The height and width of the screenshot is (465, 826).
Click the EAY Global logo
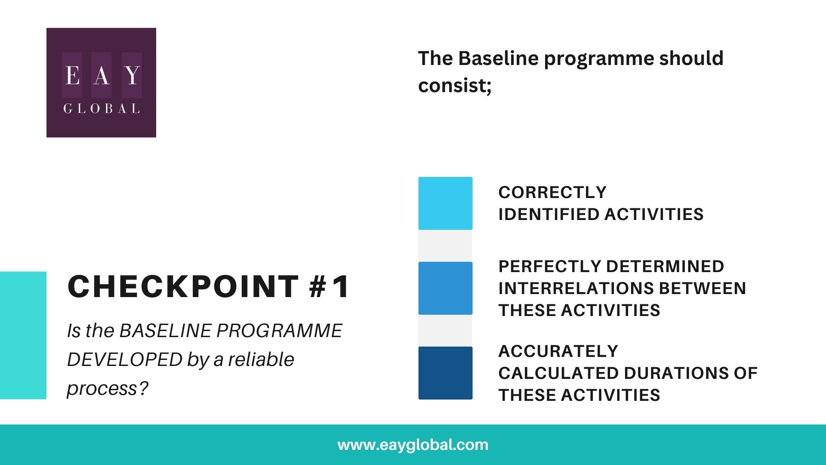101,83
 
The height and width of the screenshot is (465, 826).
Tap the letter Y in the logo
132,75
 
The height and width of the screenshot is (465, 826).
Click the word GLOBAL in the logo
102,108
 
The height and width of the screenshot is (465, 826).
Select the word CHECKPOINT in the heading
183,286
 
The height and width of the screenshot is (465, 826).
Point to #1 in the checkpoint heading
330,286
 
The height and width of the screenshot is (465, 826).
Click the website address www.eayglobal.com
413,445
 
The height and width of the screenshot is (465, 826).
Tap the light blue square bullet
445,203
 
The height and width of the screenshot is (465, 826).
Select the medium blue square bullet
445,288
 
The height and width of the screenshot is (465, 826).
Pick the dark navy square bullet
445,373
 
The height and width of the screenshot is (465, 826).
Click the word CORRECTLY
552,192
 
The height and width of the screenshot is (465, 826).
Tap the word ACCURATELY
558,351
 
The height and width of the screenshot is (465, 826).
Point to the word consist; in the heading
455,85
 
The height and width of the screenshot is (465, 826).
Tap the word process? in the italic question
108,388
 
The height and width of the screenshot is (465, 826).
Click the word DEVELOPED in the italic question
124,360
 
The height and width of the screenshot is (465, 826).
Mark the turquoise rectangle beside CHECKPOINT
23,335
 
